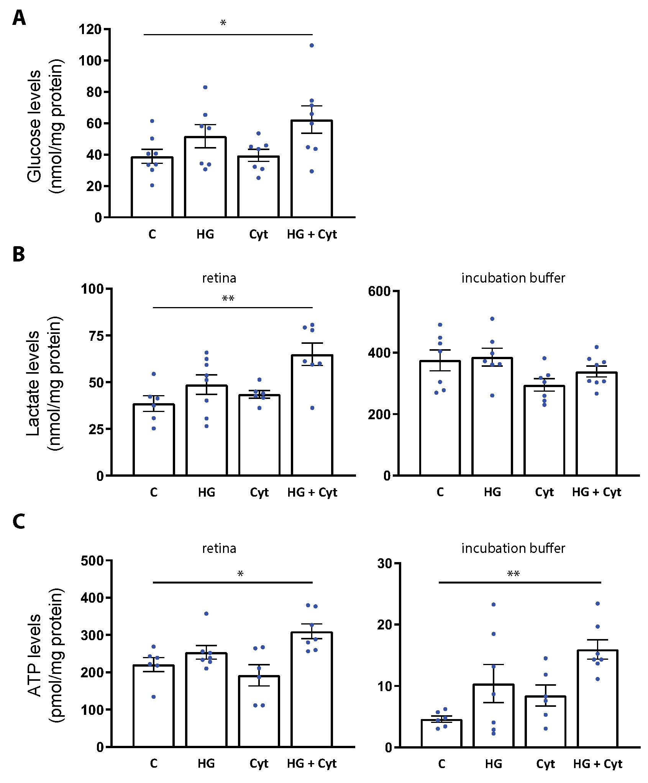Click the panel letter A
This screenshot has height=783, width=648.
[19, 18]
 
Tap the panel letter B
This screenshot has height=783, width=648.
[19, 255]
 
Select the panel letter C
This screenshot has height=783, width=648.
[19, 521]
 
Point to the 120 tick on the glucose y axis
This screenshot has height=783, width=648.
[90, 29]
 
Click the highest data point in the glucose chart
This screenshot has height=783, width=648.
[312, 46]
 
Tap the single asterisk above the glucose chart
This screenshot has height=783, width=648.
[223, 23]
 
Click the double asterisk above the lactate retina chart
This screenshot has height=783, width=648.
[228, 299]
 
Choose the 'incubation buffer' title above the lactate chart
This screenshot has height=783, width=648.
[513, 278]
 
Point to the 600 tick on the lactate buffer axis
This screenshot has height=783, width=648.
[379, 291]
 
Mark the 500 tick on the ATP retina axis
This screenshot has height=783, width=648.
[92, 561]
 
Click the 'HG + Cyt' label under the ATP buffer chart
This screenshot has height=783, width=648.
[597, 764]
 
